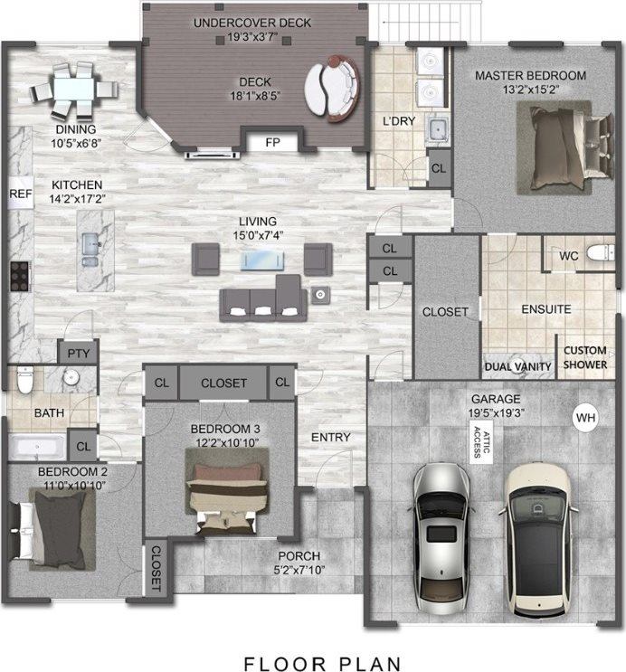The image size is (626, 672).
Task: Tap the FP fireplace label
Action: click(x=271, y=143)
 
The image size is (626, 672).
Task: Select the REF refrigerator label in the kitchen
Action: click(x=20, y=194)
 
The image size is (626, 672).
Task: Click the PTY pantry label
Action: click(x=73, y=352)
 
